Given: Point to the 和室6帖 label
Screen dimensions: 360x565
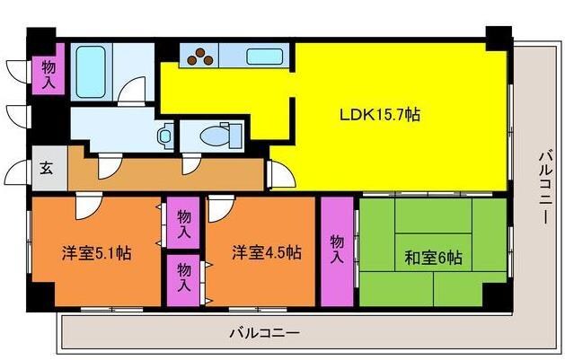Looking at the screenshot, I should click(x=434, y=259).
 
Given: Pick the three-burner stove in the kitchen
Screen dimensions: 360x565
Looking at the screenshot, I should click(x=199, y=57).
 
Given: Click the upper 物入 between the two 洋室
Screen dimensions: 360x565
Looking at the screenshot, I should click(x=183, y=224).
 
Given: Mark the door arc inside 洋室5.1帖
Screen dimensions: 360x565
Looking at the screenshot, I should click(x=86, y=208).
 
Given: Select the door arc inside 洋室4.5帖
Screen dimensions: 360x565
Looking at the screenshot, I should click(x=218, y=209).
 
